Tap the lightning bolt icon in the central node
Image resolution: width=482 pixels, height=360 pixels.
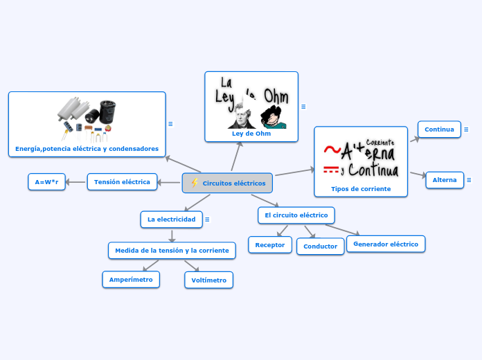pos(195,183)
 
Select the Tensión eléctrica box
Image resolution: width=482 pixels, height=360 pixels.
pos(122,182)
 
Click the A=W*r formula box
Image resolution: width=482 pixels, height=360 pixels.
pos(46,182)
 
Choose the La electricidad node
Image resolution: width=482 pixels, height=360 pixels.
pos(171,219)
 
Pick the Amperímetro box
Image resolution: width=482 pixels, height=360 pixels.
pos(131,279)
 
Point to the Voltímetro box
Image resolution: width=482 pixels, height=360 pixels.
pos(208,280)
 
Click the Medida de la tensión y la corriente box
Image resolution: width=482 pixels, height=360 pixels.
pos(172,250)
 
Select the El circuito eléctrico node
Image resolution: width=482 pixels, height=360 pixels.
pos(296,215)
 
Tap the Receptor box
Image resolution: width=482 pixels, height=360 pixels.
pos(270,244)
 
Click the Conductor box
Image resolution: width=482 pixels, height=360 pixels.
pos(320,246)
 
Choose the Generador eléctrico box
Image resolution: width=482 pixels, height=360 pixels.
pos(386,244)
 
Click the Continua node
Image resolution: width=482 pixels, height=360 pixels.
pos(439,129)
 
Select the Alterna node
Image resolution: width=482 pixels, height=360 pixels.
pos(445,180)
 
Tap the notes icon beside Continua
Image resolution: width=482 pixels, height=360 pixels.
pos(466,129)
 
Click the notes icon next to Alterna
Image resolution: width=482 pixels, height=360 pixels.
pos(469,180)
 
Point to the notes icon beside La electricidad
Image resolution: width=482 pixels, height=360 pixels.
pos(207,219)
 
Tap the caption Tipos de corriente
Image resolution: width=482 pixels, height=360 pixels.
pos(361,188)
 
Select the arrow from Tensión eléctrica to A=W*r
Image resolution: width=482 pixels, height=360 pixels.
pos(76,182)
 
